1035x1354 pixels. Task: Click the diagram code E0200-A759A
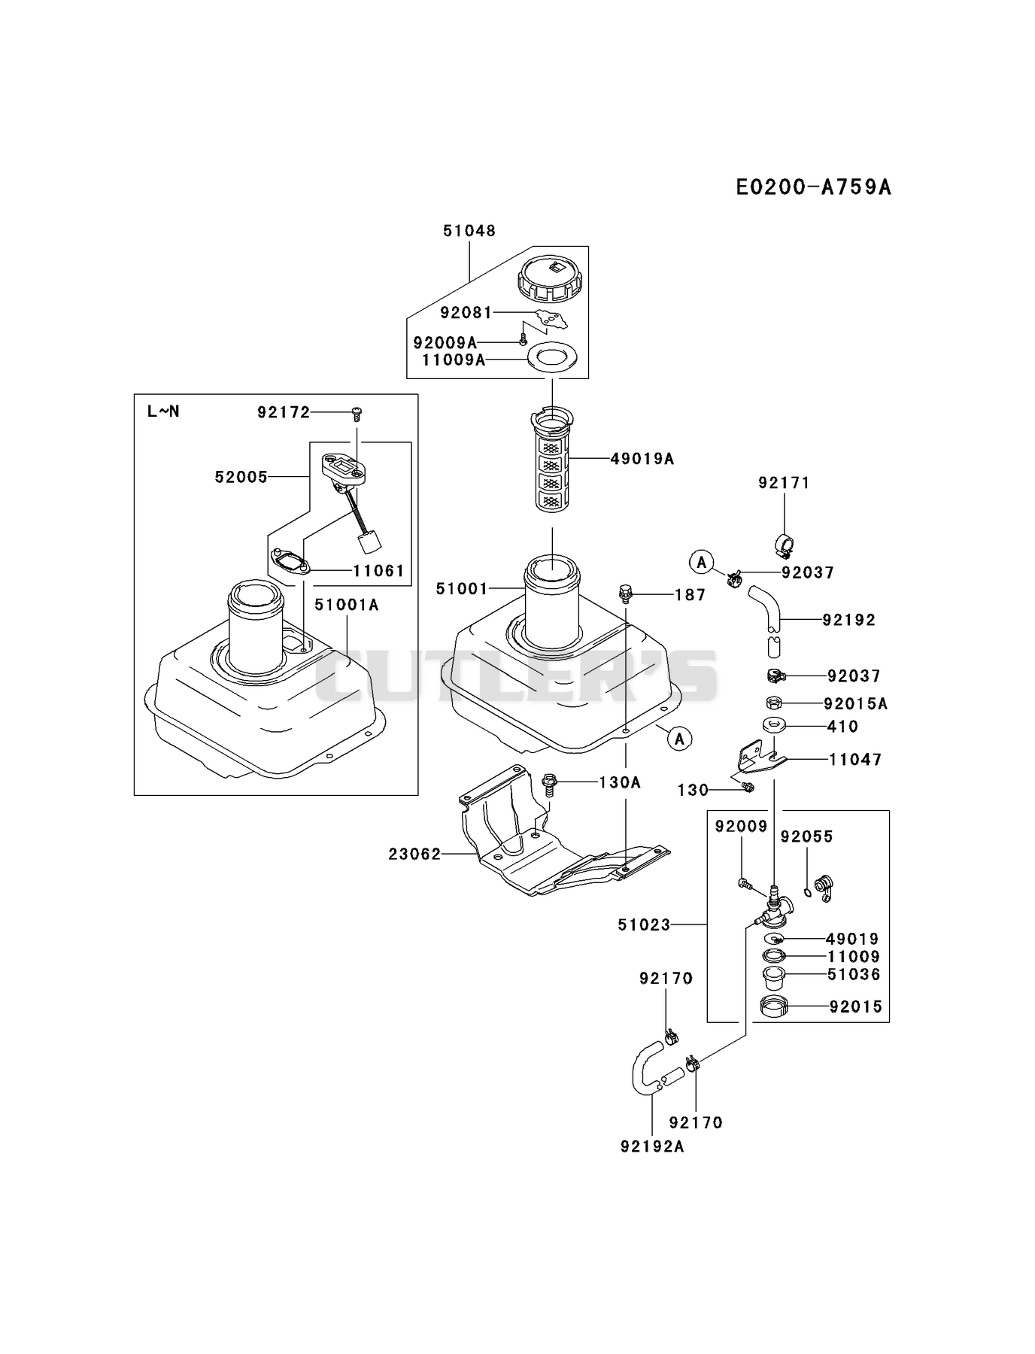[x=813, y=187]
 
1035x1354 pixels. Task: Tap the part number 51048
[x=469, y=231]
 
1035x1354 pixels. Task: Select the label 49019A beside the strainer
[x=642, y=458]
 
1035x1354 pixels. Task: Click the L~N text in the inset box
[x=163, y=411]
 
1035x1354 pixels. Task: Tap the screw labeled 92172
[x=357, y=411]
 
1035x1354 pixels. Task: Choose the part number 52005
[x=241, y=477]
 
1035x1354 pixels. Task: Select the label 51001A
[x=346, y=604]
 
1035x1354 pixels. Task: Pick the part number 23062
[x=414, y=854]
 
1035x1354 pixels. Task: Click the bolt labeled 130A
[x=548, y=784]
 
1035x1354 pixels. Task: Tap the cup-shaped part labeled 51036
[x=775, y=978]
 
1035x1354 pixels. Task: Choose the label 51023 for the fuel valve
[x=644, y=924]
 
